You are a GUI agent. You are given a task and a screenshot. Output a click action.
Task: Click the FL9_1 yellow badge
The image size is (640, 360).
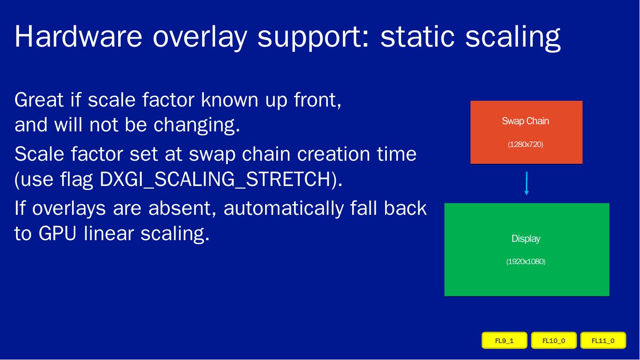504,340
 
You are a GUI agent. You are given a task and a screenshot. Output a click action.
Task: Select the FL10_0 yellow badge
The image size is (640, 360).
554,340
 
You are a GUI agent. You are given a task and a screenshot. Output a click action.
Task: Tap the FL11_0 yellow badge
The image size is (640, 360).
603,340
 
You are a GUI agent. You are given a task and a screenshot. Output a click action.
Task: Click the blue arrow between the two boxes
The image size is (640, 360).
527,183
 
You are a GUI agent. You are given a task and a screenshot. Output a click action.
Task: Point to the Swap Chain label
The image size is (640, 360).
525,121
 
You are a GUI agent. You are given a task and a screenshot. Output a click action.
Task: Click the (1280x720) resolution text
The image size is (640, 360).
525,144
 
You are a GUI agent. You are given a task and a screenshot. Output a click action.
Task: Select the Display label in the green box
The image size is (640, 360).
526,239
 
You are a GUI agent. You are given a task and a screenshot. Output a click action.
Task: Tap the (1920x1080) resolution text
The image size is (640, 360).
526,261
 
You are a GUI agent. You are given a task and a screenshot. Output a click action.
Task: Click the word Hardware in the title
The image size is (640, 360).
78,36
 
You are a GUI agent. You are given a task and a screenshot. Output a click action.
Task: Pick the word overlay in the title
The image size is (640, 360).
200,38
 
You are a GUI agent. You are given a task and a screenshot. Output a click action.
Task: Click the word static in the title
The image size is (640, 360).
417,36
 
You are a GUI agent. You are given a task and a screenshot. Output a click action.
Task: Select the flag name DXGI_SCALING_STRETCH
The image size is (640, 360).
215,180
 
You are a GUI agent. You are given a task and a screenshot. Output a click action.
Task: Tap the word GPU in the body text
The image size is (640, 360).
57,233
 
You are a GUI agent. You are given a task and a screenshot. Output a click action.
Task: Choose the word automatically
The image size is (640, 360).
283,208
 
